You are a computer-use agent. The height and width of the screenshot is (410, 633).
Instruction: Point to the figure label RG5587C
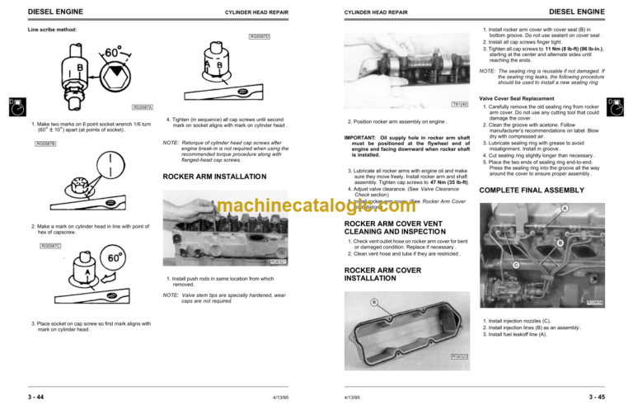[x=51, y=245]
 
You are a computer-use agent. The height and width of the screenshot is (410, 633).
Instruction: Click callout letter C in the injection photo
[x=516, y=264]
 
